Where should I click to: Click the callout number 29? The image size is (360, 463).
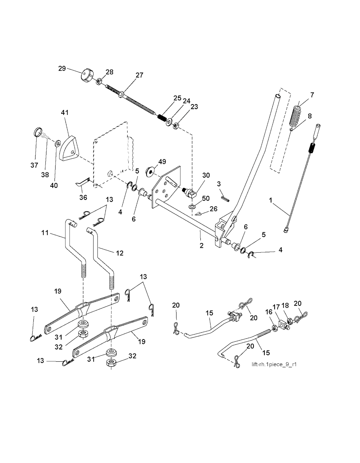(62, 69)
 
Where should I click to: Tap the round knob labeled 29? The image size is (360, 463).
(86, 75)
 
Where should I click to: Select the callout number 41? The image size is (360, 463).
(65, 113)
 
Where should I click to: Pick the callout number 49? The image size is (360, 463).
(162, 162)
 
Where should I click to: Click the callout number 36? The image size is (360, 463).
(83, 197)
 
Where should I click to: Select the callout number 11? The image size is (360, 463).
(45, 233)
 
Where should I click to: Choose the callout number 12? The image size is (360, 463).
(120, 253)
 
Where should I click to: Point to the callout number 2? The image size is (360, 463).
(201, 246)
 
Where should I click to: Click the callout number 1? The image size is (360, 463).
(270, 200)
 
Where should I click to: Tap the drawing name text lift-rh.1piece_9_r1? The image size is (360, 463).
(274, 364)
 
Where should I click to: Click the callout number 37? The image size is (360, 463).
(34, 165)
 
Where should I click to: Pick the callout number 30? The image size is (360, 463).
(206, 175)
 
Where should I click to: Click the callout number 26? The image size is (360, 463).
(213, 209)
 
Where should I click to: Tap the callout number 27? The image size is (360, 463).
(140, 75)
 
